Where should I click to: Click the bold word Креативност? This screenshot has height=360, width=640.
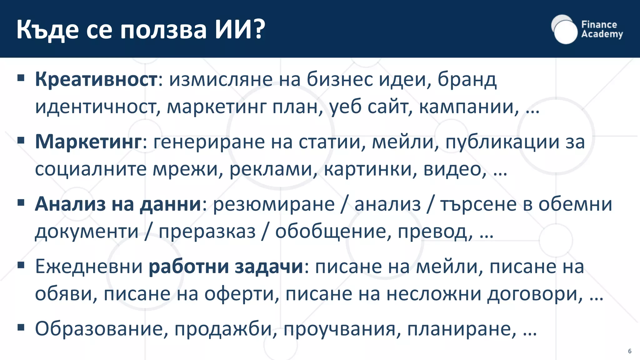coord(96,79)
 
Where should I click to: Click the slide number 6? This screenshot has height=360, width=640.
coord(630,351)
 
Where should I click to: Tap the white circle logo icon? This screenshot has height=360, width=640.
coord(564,30)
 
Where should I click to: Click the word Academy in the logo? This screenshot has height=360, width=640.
coord(602,34)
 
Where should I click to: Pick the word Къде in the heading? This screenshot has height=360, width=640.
coord(47,30)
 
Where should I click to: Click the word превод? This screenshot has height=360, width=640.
coord(435,232)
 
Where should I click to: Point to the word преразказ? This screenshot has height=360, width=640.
coord(207,232)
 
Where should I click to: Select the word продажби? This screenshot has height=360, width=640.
coord(225,329)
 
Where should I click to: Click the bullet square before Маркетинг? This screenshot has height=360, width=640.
coord(21,140)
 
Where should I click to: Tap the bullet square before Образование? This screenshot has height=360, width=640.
coord(21,327)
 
